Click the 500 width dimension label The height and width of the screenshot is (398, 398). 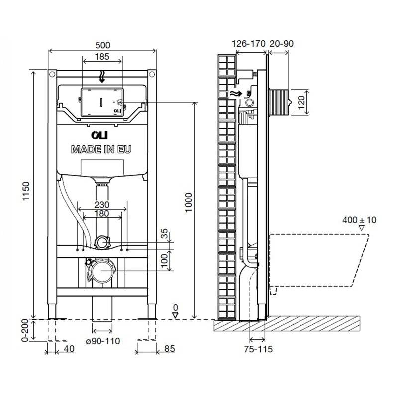103,45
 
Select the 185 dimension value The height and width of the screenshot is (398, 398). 102,56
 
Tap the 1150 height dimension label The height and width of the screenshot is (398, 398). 26,191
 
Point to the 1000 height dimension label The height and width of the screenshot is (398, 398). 189,202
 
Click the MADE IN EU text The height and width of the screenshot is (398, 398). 101,149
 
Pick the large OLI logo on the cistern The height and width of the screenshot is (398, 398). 99,135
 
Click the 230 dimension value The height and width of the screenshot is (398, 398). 102,204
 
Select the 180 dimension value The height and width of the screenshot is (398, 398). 102,213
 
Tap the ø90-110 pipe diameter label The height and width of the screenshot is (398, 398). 103,341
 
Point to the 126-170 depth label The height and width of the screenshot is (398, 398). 248,43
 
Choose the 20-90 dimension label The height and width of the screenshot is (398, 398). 281,43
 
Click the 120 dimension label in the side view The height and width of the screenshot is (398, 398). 301,102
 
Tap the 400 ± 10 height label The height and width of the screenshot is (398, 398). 359,220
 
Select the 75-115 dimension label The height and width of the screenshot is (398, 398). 258,349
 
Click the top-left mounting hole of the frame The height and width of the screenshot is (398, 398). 52,74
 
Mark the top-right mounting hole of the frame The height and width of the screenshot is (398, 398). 152,74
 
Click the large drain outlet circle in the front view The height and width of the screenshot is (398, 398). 101,271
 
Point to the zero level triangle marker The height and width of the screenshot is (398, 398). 175,315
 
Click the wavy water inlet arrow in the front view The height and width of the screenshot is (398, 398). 102,77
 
